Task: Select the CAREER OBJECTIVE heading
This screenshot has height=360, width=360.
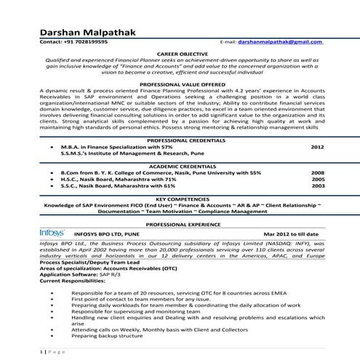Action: tap(180, 55)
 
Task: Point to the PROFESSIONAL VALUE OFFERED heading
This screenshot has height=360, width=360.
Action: tap(180, 84)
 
